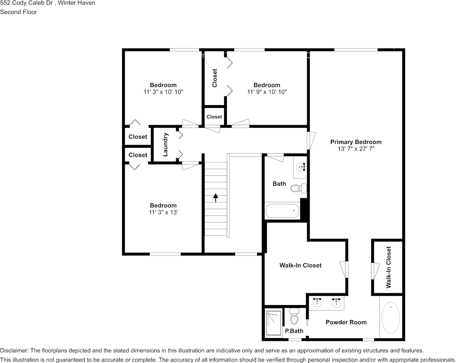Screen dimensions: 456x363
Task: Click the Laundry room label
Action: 165,145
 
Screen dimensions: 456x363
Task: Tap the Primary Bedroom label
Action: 356,142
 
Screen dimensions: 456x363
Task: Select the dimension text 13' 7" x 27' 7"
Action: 356,149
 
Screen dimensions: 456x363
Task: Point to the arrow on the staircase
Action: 215,198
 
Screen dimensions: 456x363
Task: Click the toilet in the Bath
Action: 298,188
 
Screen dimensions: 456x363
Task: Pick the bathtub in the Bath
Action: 283,211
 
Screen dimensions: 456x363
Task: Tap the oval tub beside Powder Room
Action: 391,318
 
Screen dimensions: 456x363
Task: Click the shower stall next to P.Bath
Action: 274,323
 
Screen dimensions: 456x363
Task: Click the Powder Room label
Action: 346,322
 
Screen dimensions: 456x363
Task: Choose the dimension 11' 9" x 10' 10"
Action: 267,92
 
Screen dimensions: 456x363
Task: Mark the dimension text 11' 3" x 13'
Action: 163,212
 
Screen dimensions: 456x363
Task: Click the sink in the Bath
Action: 300,167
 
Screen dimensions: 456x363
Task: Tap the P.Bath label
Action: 294,331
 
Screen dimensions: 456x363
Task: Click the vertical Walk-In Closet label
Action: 388,267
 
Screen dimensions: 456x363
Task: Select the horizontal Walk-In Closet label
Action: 301,265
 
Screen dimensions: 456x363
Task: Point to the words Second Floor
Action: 18,12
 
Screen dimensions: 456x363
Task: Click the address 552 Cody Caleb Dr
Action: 26,3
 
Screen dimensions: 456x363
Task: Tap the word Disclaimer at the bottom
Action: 14,350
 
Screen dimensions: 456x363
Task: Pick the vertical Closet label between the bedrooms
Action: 215,78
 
